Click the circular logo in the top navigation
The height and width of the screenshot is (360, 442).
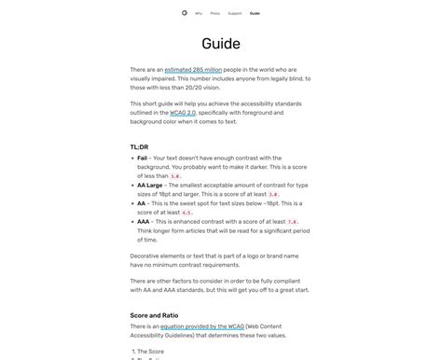point(184,13)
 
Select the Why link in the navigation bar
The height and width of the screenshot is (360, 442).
point(199,13)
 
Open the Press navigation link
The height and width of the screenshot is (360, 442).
point(215,13)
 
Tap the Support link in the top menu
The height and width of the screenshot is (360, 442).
point(234,13)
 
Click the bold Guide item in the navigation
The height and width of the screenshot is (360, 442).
point(255,13)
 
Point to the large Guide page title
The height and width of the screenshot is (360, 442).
point(221,44)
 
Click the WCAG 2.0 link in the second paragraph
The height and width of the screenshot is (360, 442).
point(183,112)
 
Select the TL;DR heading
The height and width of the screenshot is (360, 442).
point(139,147)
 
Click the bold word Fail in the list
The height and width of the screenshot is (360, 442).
point(143,159)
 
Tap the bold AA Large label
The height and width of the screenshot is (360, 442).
point(149,186)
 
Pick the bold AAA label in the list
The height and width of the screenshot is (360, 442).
point(144,221)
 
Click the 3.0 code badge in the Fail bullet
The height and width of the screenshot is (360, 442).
point(175,176)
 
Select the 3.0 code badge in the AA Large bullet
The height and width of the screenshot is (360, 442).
point(273,194)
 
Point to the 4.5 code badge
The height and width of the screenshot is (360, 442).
point(186,213)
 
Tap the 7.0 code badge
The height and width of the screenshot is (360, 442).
point(292,222)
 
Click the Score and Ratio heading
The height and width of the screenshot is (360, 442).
point(154,315)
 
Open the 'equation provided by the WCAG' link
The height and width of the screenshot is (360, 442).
point(200,325)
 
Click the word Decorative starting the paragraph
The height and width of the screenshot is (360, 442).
point(146,256)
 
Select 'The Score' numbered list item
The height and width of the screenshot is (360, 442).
point(152,351)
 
